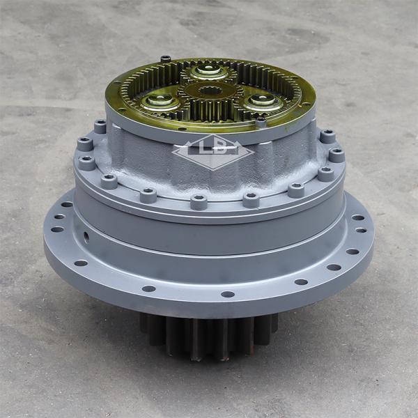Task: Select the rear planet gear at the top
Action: click(x=208, y=71)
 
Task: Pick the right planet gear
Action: click(x=263, y=102)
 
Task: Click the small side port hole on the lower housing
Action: click(x=86, y=237)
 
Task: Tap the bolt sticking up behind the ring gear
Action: click(x=165, y=59)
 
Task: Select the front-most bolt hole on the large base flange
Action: click(x=228, y=294)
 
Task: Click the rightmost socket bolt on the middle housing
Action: click(x=336, y=155)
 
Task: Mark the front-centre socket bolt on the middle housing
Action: click(x=199, y=202)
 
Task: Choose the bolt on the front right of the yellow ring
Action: click(x=261, y=123)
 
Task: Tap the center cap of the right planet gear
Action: click(x=263, y=100)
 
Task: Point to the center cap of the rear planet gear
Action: click(x=208, y=69)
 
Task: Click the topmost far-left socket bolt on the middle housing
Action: click(x=100, y=127)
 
